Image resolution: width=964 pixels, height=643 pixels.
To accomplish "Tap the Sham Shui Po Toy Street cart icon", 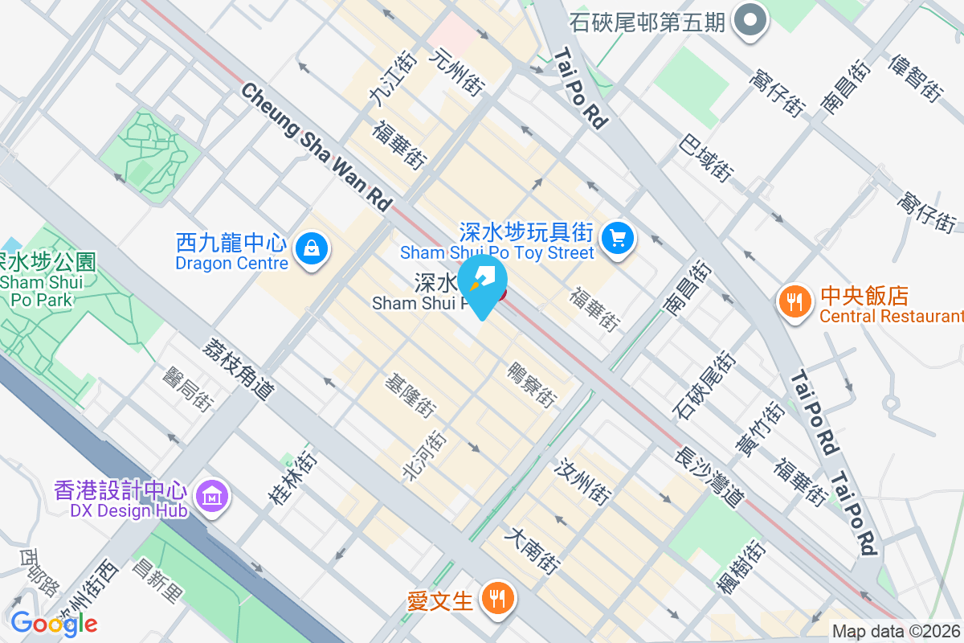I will (618, 238).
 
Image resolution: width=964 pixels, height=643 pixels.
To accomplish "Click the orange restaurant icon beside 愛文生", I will (498, 599).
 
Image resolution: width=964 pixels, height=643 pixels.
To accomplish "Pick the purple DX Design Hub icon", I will (211, 497).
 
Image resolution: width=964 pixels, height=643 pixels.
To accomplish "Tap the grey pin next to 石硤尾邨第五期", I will (752, 21).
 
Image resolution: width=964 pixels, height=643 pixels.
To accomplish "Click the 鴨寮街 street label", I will (532, 383).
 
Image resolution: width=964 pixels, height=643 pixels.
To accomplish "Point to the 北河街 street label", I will (424, 455).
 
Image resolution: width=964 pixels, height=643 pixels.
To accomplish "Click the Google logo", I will (53, 623).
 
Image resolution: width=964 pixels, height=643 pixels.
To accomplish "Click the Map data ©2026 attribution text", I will (896, 631).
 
